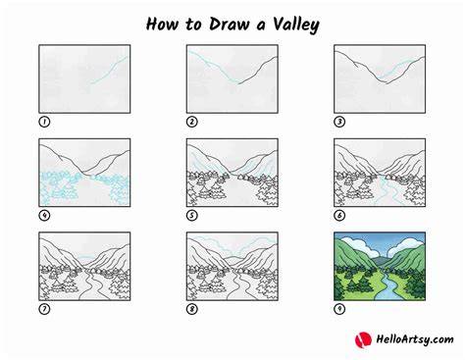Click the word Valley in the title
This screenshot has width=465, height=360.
[x=296, y=25]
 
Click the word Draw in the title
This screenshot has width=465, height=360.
[x=230, y=25]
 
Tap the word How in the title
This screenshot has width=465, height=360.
[x=163, y=25]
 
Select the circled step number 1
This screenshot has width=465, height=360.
[x=44, y=122]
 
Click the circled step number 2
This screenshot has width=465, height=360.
[x=192, y=122]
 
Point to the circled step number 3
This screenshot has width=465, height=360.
[x=339, y=122]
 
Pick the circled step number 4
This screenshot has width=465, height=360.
[x=44, y=216]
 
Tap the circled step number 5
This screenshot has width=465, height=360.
[x=192, y=216]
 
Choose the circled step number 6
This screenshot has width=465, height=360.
[x=339, y=216]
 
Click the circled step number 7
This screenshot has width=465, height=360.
[x=44, y=309]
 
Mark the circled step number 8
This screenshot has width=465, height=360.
[x=192, y=309]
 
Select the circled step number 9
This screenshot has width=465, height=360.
[x=339, y=309]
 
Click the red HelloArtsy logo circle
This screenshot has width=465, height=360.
[x=363, y=339]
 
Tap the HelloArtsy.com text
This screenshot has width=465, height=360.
[x=415, y=339]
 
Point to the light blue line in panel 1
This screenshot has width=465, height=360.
[x=109, y=70]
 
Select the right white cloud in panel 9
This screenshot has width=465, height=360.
[x=406, y=245]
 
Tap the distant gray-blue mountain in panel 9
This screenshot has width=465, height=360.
[x=380, y=261]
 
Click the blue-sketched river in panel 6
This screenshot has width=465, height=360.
[x=386, y=191]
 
